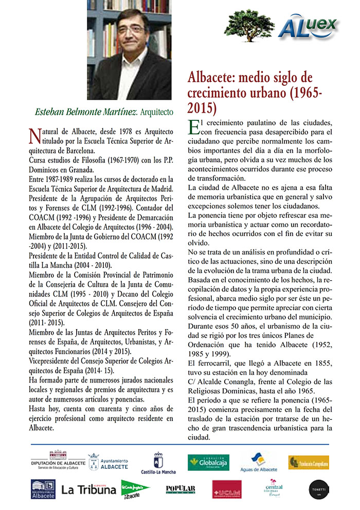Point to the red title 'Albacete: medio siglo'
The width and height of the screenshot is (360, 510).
tap(249, 78)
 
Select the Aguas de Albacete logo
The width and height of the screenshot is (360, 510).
tap(259, 462)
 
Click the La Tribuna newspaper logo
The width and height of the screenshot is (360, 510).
tap(88, 490)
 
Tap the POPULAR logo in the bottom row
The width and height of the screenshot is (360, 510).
tap(181, 489)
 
